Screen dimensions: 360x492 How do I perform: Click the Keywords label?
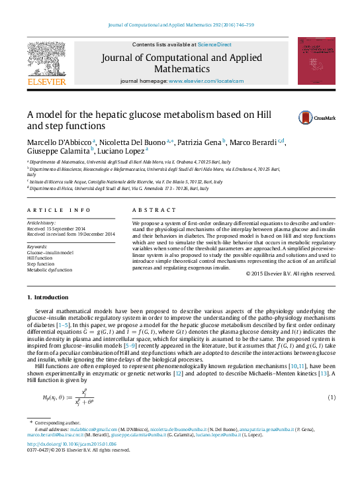click(40, 246)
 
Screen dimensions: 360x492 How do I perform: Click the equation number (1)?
click(331, 397)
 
